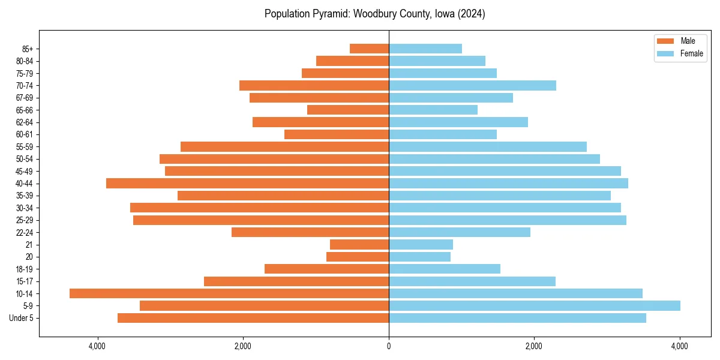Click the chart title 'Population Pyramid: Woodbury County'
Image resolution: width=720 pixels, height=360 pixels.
click(374, 14)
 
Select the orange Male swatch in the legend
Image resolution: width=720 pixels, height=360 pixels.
click(666, 41)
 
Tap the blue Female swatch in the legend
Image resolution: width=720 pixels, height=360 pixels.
click(666, 53)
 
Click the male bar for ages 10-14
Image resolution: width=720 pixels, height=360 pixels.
click(229, 293)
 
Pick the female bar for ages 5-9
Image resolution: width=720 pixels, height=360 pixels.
click(534, 305)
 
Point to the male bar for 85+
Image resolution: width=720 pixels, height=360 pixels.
click(369, 49)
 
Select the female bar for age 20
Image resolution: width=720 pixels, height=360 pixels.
click(419, 257)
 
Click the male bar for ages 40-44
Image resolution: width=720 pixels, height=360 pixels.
click(247, 183)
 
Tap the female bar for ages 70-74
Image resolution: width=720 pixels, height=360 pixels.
click(472, 85)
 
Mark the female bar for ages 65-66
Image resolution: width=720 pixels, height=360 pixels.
click(433, 110)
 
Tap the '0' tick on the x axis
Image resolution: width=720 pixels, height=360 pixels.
click(389, 346)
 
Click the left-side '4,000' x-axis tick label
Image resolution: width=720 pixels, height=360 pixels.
click(97, 346)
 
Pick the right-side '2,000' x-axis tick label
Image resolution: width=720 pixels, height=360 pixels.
click(534, 346)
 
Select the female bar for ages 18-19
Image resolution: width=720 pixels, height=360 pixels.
click(444, 269)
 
